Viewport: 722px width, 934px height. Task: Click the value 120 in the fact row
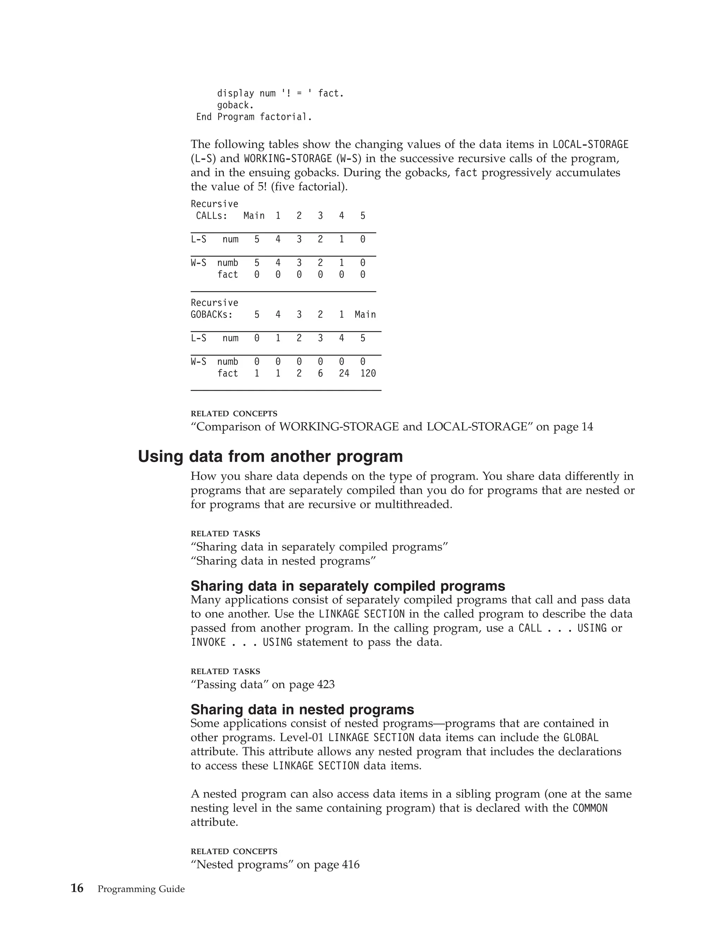click(368, 373)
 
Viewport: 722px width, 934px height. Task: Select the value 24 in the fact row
click(344, 373)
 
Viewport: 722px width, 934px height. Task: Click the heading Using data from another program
click(270, 456)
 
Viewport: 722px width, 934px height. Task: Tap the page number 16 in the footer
click(77, 888)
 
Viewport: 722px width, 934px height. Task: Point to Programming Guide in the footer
click(141, 889)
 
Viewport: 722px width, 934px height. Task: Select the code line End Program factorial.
click(254, 117)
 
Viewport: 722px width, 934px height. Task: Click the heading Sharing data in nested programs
click(302, 709)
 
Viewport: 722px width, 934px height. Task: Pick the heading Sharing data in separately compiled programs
click(348, 586)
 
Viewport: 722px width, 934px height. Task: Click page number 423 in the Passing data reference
click(326, 685)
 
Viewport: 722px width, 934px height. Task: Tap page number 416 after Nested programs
click(351, 864)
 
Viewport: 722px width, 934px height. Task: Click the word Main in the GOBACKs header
click(365, 315)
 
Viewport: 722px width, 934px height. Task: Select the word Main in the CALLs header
click(254, 216)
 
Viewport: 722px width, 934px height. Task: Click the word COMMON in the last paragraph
click(590, 808)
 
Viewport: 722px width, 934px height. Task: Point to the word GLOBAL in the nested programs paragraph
click(580, 738)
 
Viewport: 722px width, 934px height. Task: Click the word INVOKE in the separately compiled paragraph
click(208, 642)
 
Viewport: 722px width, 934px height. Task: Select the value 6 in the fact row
click(320, 373)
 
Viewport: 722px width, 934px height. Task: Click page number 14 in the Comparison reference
click(587, 427)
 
